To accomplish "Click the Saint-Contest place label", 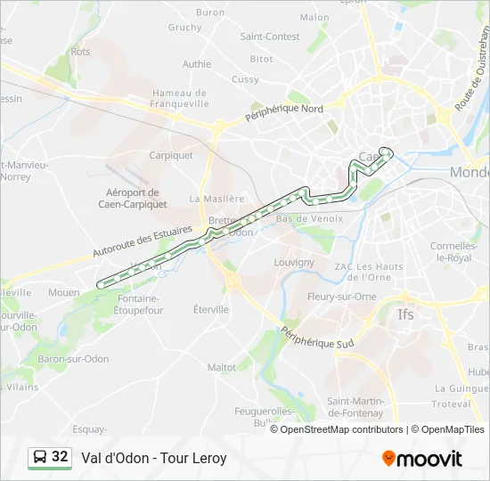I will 270,37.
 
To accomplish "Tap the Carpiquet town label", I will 171,155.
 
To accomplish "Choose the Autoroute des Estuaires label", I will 143,241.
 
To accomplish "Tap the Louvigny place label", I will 294,263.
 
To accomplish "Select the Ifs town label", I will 405,314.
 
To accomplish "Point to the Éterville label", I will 211,309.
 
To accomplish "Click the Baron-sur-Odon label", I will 73,359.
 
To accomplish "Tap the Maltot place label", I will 222,367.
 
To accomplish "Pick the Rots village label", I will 80,52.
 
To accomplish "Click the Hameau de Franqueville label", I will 179,97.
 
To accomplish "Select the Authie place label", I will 197,64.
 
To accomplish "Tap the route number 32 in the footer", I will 60,457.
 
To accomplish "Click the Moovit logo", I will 422,459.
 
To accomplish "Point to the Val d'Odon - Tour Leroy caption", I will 154,459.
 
